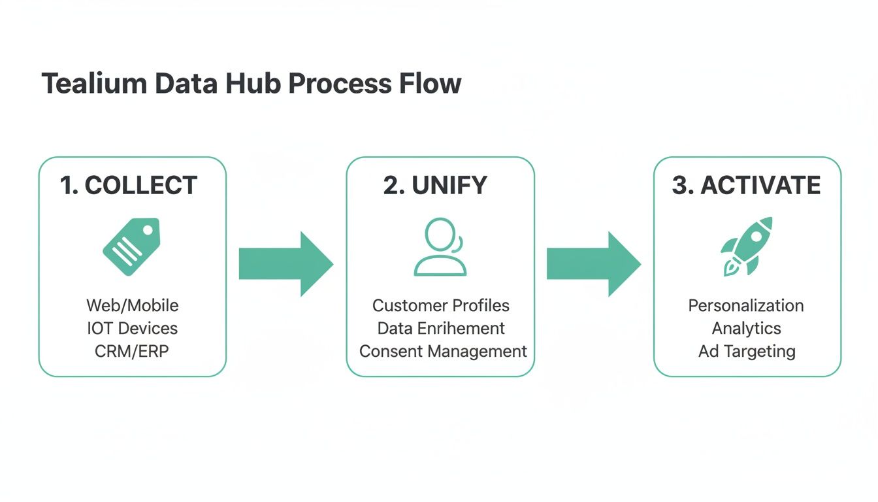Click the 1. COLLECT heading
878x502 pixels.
129,186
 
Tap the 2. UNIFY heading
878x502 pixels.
435,186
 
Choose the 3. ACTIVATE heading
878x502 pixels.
746,186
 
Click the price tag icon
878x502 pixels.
131,246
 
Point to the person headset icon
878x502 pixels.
440,247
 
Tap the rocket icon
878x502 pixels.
747,246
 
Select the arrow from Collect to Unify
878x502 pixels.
285,263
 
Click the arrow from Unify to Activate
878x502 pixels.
593,263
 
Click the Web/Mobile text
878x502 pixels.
132,305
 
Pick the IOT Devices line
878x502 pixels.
132,328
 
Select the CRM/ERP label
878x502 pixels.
132,351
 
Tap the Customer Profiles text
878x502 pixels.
441,305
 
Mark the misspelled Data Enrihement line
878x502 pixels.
441,328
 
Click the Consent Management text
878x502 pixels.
443,351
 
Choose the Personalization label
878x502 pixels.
746,305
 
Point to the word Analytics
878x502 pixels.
746,328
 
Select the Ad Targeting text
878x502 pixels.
747,351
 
